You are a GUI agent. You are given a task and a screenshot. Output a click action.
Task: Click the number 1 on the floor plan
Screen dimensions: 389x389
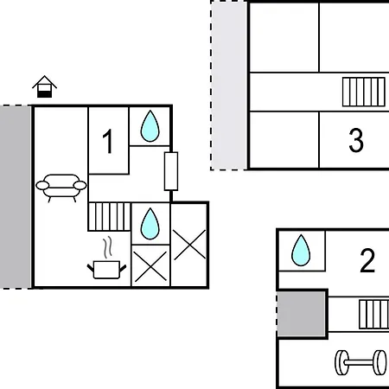108,141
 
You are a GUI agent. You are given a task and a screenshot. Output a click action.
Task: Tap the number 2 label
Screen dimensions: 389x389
367,261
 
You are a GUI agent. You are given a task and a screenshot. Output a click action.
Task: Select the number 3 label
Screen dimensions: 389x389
356,140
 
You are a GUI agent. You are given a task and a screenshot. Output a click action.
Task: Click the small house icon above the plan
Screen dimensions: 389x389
44,86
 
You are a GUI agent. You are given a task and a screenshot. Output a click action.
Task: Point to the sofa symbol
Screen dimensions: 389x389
61,188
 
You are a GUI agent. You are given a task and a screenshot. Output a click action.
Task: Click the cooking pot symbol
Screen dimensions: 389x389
106,270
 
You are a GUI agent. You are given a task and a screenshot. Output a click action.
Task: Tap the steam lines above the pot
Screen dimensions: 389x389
108,247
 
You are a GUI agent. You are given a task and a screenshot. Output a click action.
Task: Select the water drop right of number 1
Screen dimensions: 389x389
150,126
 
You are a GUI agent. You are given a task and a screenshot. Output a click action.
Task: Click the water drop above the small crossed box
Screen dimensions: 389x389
150,224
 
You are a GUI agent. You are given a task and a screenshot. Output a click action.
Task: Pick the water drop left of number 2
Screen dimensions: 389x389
301,251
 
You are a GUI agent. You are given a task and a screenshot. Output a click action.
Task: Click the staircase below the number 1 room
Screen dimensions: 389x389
110,217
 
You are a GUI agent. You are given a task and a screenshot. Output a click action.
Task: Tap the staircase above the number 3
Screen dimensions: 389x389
364,92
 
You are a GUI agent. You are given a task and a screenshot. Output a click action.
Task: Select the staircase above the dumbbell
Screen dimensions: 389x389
374,315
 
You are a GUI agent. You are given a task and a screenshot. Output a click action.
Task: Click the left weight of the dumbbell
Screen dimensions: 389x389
341,362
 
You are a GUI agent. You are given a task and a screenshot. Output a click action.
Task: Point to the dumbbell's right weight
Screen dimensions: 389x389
379,362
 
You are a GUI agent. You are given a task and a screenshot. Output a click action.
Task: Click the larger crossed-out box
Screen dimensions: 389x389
189,245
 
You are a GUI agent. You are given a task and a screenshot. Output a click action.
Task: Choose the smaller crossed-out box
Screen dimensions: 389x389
150,265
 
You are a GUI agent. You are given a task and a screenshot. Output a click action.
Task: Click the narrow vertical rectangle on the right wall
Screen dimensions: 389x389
171,171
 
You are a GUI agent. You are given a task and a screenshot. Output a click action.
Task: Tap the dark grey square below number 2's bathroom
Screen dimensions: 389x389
302,314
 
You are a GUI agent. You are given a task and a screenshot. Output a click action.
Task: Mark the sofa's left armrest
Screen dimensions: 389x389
42,185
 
